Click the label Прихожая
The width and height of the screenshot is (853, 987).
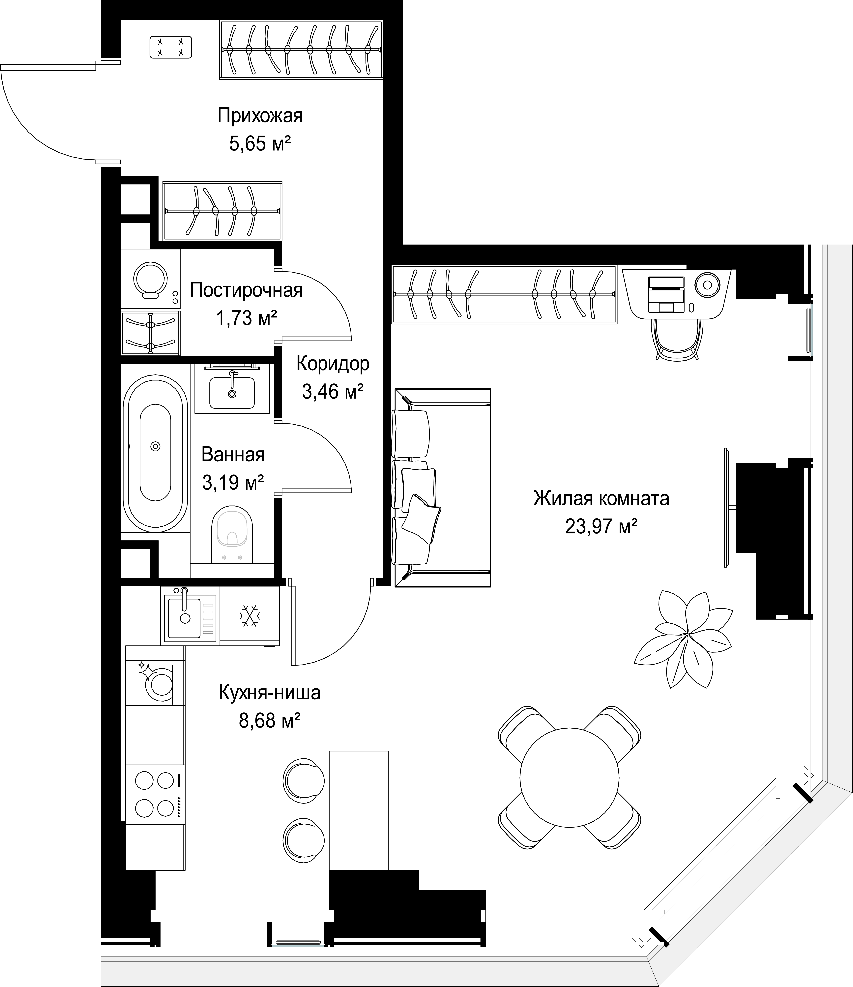[x=260, y=116]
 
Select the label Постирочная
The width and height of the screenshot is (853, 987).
[x=246, y=290]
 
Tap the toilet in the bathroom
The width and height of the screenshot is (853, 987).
[x=232, y=535]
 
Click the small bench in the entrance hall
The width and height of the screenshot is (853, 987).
[x=170, y=48]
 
